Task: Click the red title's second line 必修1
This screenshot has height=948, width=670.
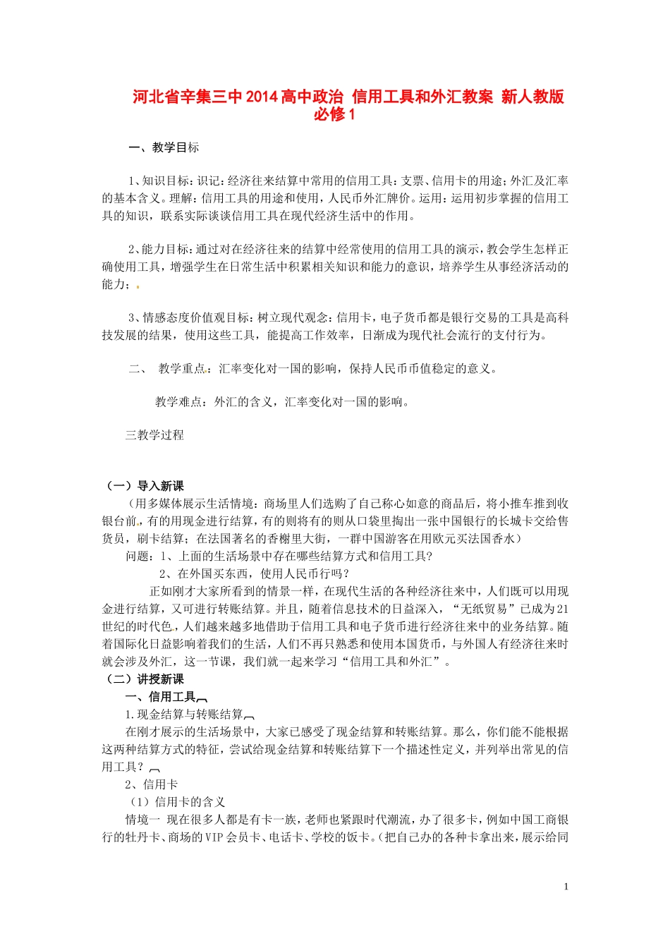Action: [x=335, y=114]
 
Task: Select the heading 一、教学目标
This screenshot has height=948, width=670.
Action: [x=164, y=147]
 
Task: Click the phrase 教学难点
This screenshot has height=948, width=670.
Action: [x=178, y=402]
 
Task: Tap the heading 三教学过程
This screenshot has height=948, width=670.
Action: [x=154, y=435]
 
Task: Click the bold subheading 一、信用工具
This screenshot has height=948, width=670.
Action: [x=160, y=697]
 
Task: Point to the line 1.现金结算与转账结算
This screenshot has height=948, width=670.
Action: [x=184, y=715]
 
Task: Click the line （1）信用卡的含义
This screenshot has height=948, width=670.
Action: [x=176, y=802]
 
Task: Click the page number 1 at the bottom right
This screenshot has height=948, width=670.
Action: [x=566, y=887]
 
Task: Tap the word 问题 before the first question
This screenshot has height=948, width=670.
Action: [x=137, y=557]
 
